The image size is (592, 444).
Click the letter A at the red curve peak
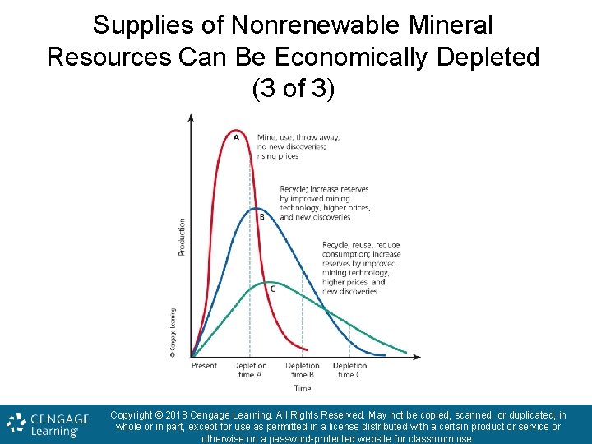point(237,137)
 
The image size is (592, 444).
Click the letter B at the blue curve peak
point(261,217)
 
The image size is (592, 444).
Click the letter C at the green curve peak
point(272,288)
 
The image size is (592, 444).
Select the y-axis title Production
point(182,236)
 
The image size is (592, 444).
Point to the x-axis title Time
point(303,388)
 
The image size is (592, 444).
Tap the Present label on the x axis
point(204,366)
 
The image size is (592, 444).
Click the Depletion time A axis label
point(250,370)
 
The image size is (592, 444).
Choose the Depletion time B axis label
point(303,370)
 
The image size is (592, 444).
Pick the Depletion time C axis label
point(349,370)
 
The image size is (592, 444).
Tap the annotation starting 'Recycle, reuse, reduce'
point(361,268)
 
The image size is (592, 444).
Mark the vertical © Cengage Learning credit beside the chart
point(173,333)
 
